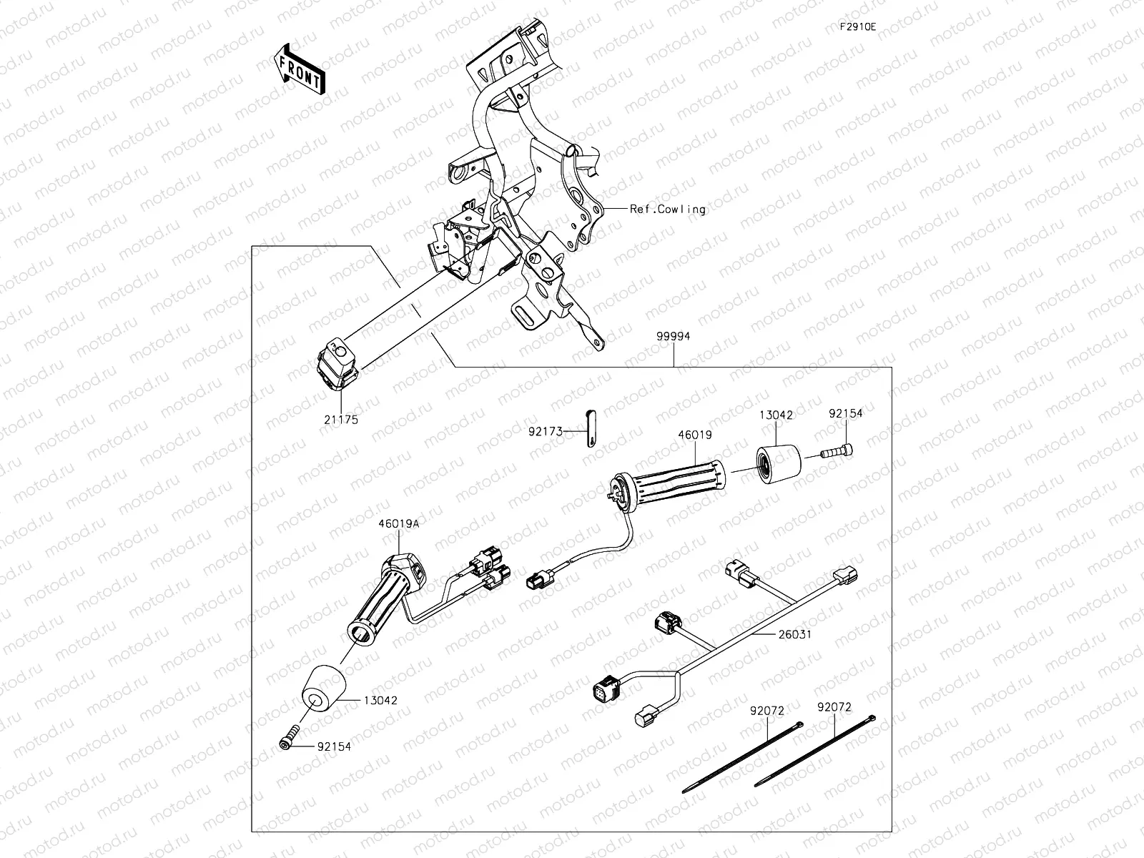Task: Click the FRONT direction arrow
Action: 299,70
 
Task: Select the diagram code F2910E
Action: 857,27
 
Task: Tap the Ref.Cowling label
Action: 667,209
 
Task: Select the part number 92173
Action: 546,432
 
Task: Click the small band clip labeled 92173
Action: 591,428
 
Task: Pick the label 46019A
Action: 398,523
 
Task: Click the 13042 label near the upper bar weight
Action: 776,415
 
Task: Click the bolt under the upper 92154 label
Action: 838,452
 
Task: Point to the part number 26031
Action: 796,634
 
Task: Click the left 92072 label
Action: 767,711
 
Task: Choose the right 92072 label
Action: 834,707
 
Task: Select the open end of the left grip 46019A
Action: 363,633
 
